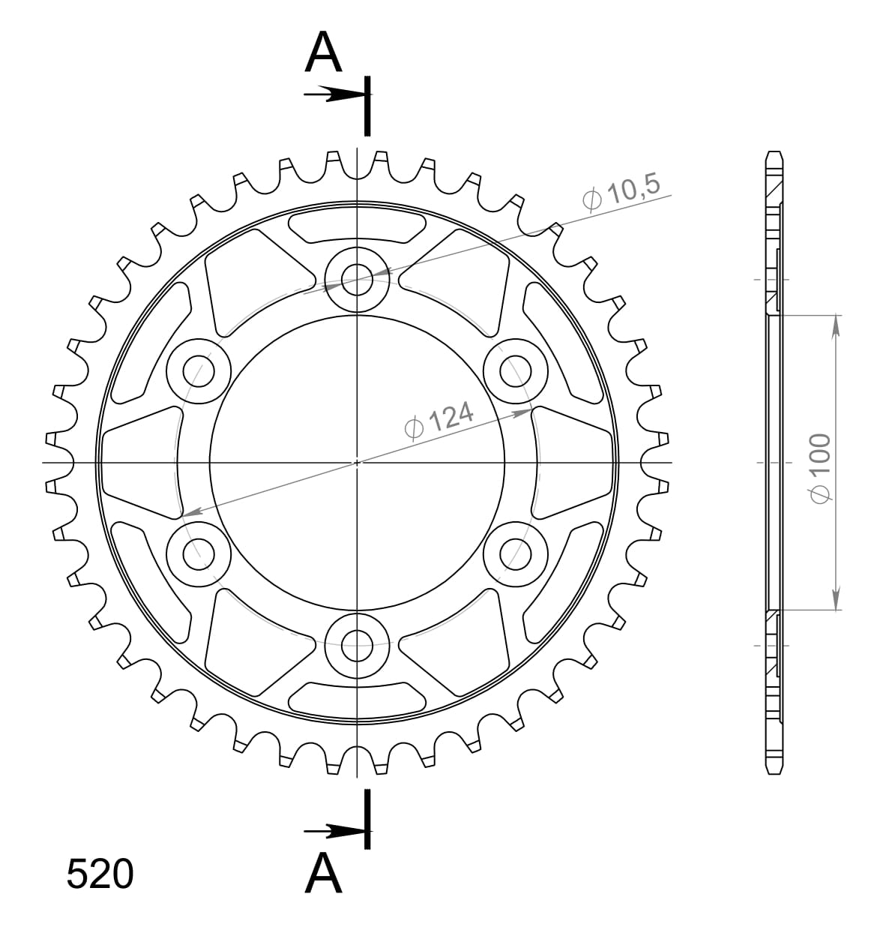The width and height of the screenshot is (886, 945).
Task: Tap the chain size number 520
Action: (x=100, y=874)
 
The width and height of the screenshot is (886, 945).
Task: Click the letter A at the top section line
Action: (x=323, y=53)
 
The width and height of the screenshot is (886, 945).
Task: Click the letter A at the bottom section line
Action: (x=323, y=874)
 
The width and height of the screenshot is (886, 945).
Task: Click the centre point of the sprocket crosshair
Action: (x=358, y=462)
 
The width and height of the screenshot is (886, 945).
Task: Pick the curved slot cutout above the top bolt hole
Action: (x=358, y=226)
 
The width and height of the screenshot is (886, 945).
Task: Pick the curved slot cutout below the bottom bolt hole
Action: (x=358, y=697)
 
